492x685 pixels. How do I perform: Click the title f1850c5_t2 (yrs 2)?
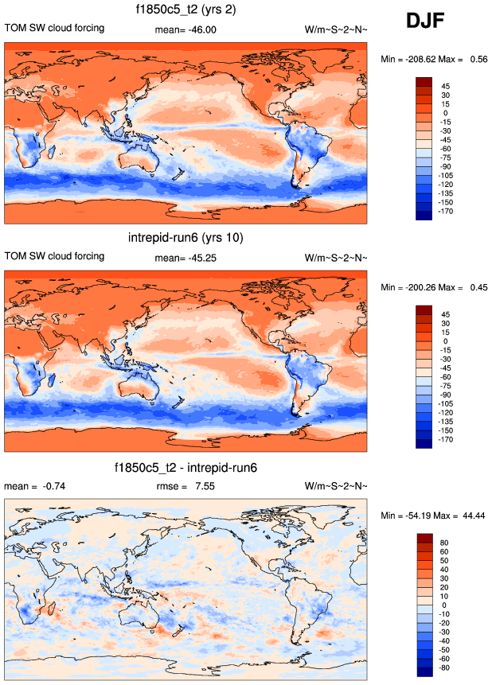point(185,10)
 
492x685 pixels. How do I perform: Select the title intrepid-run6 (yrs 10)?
point(185,238)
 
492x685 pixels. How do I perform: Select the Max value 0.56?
point(478,58)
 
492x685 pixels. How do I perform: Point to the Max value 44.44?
point(472,516)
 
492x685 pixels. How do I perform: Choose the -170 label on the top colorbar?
point(446,212)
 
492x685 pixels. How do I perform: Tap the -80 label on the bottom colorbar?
point(446,669)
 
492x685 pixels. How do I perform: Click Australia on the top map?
point(141,164)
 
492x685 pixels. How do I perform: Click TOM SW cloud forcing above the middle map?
point(55,256)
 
